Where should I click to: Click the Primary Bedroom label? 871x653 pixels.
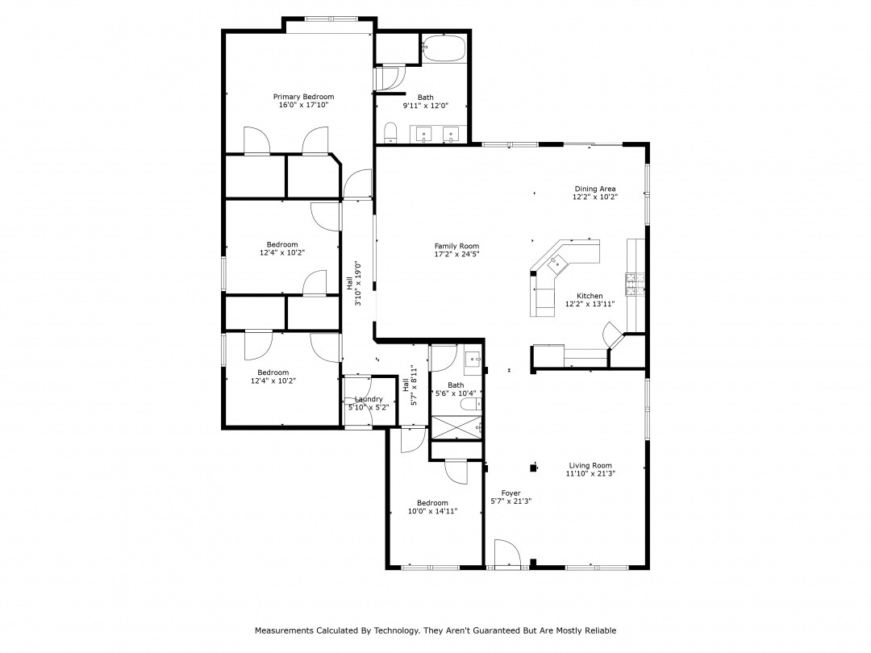click(303, 97)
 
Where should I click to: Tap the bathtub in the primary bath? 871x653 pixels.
click(444, 48)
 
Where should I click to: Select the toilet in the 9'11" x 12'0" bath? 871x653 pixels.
click(390, 133)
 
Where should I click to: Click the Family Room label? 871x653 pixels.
click(456, 246)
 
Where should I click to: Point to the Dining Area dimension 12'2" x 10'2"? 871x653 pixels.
click(595, 197)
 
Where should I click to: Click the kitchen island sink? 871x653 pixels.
click(557, 263)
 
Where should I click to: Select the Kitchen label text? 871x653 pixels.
click(590, 296)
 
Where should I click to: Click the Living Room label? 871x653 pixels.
click(590, 466)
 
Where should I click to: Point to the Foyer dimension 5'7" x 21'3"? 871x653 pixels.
click(511, 501)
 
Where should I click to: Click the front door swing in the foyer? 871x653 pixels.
click(506, 553)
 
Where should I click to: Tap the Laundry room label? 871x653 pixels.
click(369, 399)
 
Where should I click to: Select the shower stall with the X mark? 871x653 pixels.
click(456, 426)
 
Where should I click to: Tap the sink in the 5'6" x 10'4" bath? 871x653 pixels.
click(473, 360)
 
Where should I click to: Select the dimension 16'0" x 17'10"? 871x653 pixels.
click(303, 104)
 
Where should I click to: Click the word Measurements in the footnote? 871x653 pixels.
click(284, 630)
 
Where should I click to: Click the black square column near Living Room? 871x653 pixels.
click(534, 468)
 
